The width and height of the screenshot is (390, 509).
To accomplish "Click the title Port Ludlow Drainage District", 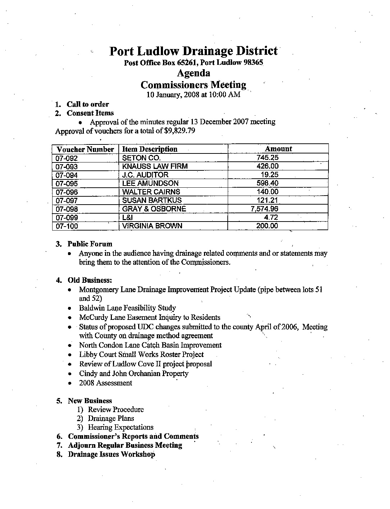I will pos(193,51).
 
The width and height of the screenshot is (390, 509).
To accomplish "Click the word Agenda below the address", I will pos(194,73).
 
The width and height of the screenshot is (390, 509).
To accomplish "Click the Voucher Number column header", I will pos(85,149).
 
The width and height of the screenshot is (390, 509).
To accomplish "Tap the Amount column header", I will pos(278,149).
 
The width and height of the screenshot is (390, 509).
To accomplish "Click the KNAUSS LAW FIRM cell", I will pos(155,166).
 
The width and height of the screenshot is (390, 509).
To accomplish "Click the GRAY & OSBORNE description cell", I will pos(154,209).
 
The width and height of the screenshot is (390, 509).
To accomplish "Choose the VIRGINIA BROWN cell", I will pos(152,226).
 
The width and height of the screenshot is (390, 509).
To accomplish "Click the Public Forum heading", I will pos(90,244).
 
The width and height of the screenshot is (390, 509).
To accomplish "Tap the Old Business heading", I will pos(90,280).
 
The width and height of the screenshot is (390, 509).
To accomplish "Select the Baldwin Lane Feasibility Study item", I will pos(127,308).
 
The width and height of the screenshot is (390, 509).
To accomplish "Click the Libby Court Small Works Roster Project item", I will pos(141,354).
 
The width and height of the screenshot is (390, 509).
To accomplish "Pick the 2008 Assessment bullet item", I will pos(105,383).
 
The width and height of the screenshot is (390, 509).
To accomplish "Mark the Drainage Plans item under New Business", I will pos(111,418).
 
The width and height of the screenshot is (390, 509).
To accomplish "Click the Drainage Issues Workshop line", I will pos(112,454).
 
